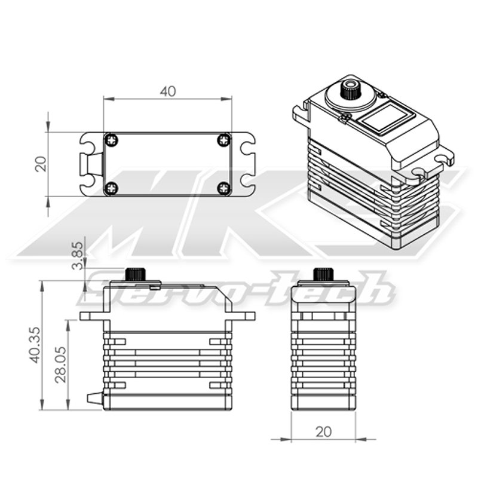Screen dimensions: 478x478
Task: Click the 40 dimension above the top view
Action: pyautogui.click(x=168, y=91)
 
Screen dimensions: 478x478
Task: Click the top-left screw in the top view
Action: pyautogui.click(x=112, y=140)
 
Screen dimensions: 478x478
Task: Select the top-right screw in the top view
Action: pyautogui.click(x=223, y=140)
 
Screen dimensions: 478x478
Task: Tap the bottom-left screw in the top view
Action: pyautogui.click(x=112, y=188)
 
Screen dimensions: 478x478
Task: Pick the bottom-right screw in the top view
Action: pyautogui.click(x=223, y=188)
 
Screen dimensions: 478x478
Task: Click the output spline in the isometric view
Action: pyautogui.click(x=349, y=90)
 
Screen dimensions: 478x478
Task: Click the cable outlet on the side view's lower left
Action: pyautogui.click(x=94, y=397)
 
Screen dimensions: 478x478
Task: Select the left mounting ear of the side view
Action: pyautogui.click(x=91, y=315)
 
